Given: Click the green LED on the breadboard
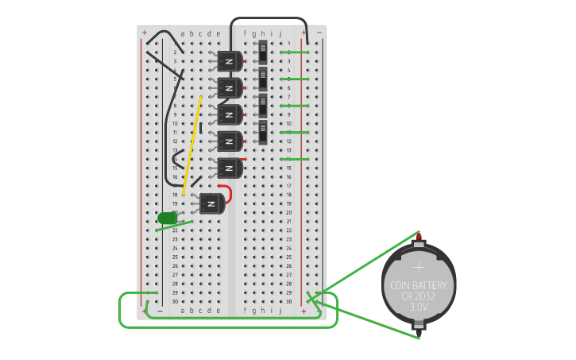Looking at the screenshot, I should pos(167,218).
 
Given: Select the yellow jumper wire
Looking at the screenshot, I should pos(191,146).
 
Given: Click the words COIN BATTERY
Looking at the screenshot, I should pos(418,285).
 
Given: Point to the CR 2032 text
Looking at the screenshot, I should pos(418,296).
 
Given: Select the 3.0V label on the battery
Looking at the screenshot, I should pos(418,307).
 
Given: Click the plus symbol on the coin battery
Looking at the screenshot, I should pos(419,268).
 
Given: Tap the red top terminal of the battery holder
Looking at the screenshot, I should pos(419,238).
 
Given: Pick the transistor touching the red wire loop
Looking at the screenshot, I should pos(211,203).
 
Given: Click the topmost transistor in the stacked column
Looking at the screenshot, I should pos(230,61).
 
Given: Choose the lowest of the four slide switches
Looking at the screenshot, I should pos(263,132).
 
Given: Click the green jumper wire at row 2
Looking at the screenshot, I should pos(294,52).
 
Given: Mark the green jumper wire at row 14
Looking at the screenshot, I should pos(294,159).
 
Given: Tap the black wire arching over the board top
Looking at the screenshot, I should pos(269,19).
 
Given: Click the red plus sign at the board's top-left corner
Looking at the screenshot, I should pos(145,33).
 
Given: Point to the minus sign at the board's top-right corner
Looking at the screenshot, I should pos(319,33).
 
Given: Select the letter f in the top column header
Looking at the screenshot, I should pos(245,33).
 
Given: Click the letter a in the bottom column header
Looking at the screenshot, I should pos(183,311).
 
